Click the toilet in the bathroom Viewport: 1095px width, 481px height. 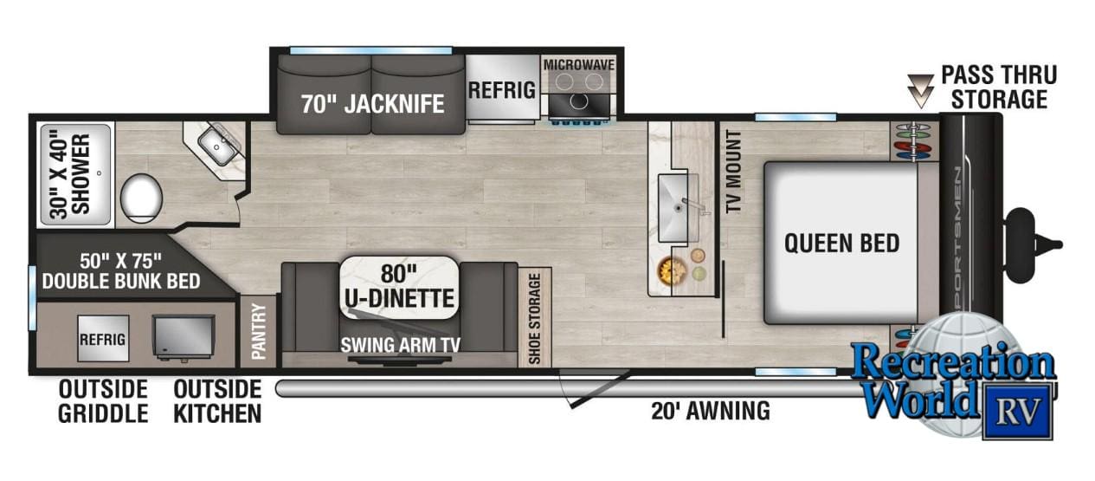pos(141,198)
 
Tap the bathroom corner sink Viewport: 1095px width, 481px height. pos(218,145)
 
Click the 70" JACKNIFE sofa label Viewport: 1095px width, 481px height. pos(372,104)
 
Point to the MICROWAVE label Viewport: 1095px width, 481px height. pos(579,65)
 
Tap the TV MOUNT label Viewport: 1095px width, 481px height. pos(734,172)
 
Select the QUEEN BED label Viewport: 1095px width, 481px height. pos(841,244)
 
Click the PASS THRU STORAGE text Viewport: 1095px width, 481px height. pos(999,87)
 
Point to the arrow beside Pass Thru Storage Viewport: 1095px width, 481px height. pos(920,91)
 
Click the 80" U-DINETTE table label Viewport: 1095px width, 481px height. pos(399,287)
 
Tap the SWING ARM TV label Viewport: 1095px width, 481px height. pos(401,345)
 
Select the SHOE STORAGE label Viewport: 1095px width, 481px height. pos(534,319)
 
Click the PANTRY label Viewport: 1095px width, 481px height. pos(258,331)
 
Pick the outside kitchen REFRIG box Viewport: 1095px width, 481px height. pos(103,339)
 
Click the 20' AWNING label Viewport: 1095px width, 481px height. pos(710,411)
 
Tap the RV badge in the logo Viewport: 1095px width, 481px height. pos(1018,411)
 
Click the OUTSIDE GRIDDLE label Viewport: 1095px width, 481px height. pos(103,401)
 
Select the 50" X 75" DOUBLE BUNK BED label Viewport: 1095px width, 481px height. pos(120,271)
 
